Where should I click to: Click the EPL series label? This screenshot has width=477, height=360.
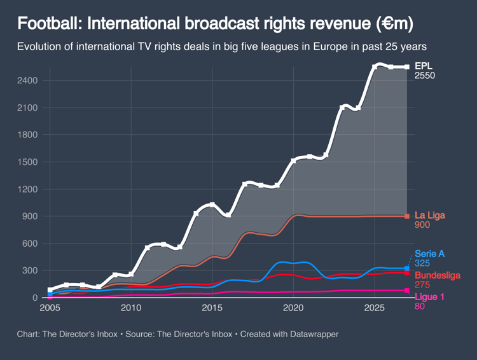[423, 66]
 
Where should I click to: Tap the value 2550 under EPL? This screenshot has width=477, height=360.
[425, 76]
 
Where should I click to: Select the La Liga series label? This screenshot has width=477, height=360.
[430, 215]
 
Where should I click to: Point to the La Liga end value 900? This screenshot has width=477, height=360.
[422, 225]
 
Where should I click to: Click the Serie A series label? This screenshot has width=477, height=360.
[430, 253]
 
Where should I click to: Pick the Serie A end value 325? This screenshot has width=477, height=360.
[422, 263]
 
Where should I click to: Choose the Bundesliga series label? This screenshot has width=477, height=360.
[438, 275]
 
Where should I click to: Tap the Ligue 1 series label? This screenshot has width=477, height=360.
[429, 296]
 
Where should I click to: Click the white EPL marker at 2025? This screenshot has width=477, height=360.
[375, 67]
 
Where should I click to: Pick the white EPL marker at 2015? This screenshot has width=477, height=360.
[212, 205]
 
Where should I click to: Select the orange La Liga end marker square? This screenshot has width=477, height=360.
[407, 216]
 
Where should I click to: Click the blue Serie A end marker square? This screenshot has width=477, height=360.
[407, 268]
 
